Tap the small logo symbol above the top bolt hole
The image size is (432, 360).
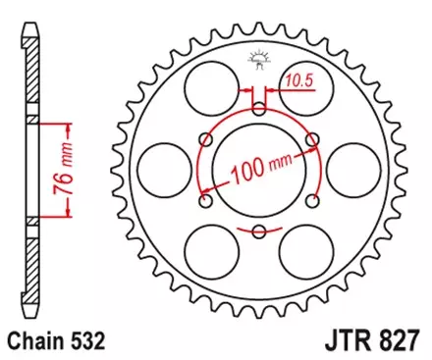pyautogui.click(x=260, y=60)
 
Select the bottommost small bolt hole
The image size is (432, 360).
pyautogui.click(x=259, y=231)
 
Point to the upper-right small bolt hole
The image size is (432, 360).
pyautogui.click(x=312, y=140)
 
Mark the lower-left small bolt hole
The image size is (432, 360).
pyautogui.click(x=206, y=201)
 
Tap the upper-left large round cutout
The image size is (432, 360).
pyautogui.click(x=209, y=86)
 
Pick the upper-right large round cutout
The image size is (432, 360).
pyautogui.click(x=308, y=86)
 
